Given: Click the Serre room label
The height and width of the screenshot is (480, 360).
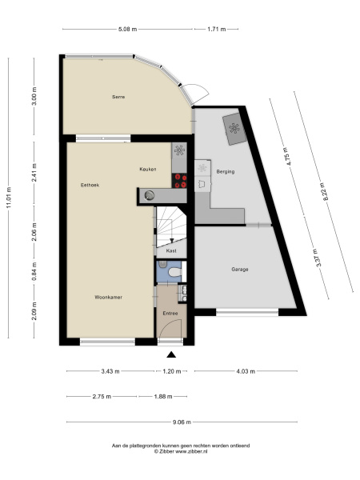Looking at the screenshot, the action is (118, 97).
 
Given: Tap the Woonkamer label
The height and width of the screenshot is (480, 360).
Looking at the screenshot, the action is (108, 297).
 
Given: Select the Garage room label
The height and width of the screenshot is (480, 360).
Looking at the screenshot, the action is (240, 270).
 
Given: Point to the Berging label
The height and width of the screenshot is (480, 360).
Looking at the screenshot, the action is (226, 171).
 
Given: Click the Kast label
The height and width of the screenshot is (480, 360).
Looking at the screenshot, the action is (171, 250).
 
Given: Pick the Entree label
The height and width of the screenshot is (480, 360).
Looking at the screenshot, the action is (170, 313).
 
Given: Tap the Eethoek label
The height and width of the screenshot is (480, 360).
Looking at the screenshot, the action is (90, 185).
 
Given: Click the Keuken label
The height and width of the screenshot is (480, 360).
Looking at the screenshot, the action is (148, 169).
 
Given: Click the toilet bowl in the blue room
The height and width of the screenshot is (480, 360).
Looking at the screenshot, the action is (174, 271).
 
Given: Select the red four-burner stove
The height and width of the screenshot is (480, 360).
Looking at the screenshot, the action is (179, 181).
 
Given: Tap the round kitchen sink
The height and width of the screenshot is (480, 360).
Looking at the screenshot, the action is (150, 195).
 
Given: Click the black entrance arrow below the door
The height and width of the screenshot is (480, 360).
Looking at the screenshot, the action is (171, 354).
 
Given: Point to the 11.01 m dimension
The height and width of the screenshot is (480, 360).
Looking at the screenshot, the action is (9, 198).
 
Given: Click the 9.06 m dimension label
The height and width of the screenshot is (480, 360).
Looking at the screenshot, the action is (182, 422).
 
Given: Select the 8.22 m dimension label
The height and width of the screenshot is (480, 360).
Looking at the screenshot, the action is (326, 191).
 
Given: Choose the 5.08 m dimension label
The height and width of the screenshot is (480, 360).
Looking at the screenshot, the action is (128, 30).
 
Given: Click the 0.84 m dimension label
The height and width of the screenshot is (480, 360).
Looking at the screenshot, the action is (34, 271).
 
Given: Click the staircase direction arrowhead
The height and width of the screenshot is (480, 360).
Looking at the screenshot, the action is (172, 240).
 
